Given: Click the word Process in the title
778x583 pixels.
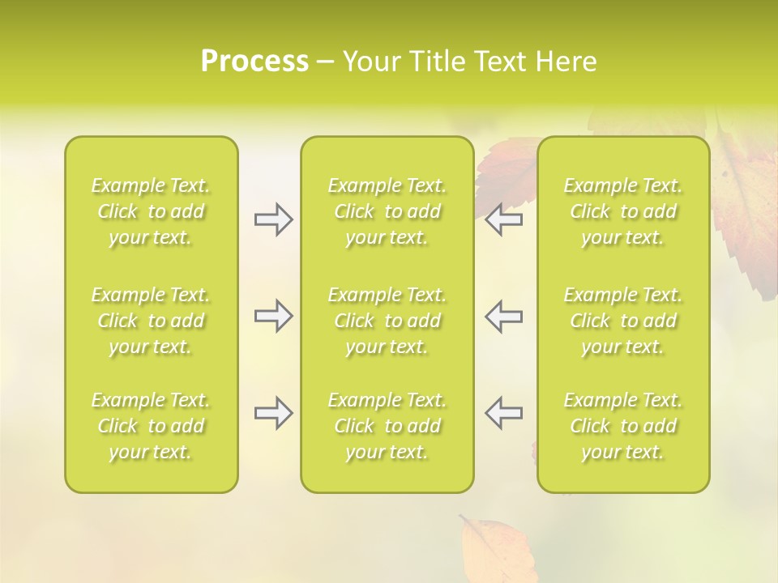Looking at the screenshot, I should coord(254,62).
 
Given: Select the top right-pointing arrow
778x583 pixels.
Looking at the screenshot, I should coord(273,219).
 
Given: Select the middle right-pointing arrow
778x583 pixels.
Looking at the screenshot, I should coord(273,316).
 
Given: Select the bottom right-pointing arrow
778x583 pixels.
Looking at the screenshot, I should coord(273,413).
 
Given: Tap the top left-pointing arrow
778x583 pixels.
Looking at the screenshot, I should coord(504,219).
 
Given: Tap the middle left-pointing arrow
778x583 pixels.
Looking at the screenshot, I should coord(504,316).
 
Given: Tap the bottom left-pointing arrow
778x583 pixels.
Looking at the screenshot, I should coord(504,413).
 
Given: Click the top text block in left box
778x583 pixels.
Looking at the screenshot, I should coord(151,211).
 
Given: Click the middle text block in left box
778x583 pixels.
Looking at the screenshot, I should coord(151,321).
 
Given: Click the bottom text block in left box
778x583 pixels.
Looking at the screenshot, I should coord(151,426).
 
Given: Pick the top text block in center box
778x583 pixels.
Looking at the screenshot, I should coord(387,211).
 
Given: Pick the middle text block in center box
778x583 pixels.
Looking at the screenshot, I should coord(387,321).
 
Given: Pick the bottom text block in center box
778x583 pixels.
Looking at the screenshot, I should coord(387,426).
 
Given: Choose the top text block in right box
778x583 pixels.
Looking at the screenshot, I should coord(623,211).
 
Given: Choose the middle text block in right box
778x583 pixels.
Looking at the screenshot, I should coord(623,321).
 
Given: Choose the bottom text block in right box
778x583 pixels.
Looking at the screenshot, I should coord(623,426).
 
